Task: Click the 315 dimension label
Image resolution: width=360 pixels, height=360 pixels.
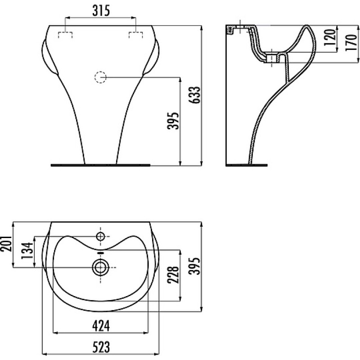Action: [x=101, y=11]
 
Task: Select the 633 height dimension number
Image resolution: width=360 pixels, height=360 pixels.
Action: [x=195, y=95]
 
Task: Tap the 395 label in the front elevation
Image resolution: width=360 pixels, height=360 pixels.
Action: [x=173, y=121]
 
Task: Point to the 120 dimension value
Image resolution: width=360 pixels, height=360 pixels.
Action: [x=330, y=37]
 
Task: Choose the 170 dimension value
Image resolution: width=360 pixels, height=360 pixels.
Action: [x=351, y=43]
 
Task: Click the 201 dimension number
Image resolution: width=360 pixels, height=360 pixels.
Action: [x=6, y=243]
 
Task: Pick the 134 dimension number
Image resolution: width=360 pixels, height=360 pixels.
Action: [x=27, y=251]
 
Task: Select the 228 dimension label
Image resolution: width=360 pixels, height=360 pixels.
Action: [x=173, y=275]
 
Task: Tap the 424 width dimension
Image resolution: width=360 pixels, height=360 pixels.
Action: [x=101, y=326]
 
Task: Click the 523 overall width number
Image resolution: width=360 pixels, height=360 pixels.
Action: [x=101, y=347]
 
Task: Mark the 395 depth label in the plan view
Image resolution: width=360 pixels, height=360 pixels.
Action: [x=195, y=265]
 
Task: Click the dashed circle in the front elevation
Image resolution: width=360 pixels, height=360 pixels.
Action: [x=100, y=77]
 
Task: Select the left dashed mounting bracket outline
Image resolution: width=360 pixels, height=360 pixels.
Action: [x=65, y=35]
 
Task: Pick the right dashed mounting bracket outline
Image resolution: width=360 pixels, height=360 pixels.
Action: [x=136, y=35]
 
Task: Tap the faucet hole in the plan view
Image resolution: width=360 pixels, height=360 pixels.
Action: [x=100, y=236]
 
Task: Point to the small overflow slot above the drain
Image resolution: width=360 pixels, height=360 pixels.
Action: [x=101, y=253]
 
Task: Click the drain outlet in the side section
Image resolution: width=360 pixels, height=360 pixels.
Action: [x=272, y=58]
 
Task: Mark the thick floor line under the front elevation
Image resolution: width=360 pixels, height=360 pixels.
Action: [x=100, y=165]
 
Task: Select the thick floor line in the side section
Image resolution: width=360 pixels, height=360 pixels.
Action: [x=247, y=165]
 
